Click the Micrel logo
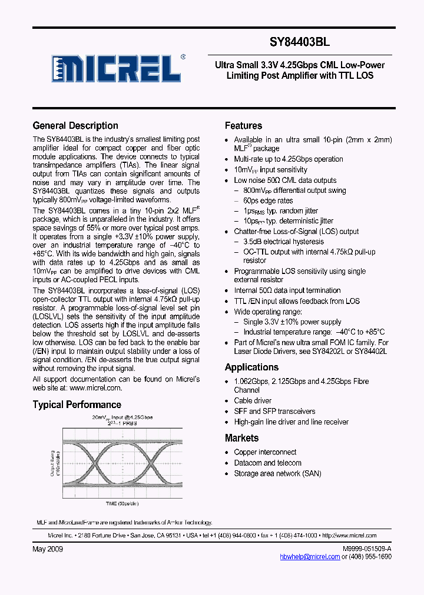pyautogui.click(x=115, y=68)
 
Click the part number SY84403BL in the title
pyautogui.click(x=300, y=42)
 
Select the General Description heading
pyautogui.click(x=75, y=125)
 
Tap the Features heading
pyautogui.click(x=243, y=125)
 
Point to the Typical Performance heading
pyautogui.click(x=77, y=405)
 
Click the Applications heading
pyautogui.click(x=251, y=367)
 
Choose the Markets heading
pyautogui.click(x=241, y=438)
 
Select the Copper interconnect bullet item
pyautogui.click(x=265, y=452)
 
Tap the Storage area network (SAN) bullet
pyautogui.click(x=277, y=473)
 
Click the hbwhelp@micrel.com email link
pyautogui.click(x=310, y=557)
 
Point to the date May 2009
pyautogui.click(x=48, y=549)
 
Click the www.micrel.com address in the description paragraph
pyautogui.click(x=95, y=388)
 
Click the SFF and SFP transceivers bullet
pyautogui.click(x=274, y=411)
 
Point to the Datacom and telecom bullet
pyautogui.click(x=267, y=463)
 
